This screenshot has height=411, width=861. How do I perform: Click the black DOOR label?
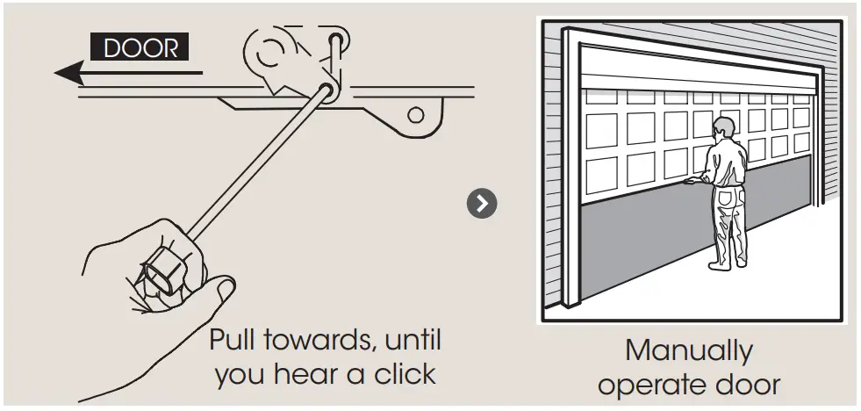(x=139, y=47)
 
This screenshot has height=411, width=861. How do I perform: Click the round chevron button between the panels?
(x=481, y=204)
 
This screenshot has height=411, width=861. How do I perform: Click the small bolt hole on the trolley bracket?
(x=416, y=114)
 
